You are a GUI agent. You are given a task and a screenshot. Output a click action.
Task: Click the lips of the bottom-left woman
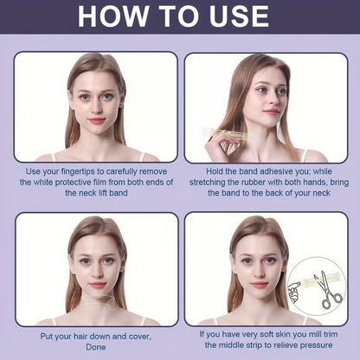click(97, 284)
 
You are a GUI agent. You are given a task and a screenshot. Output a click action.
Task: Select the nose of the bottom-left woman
click(97, 269)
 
